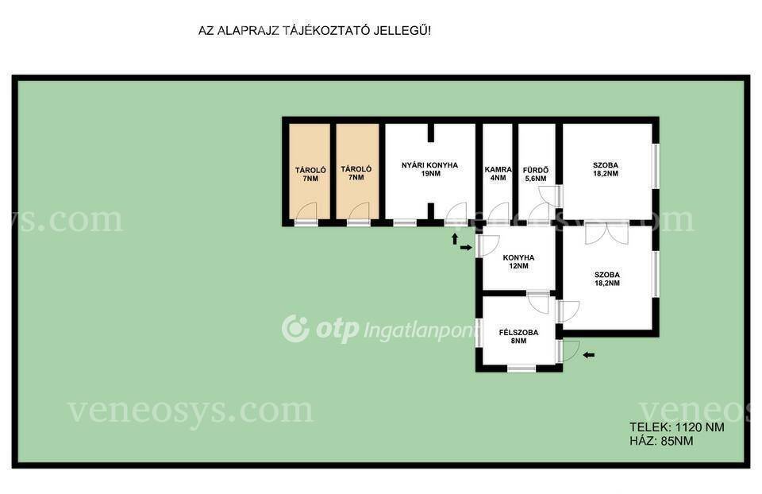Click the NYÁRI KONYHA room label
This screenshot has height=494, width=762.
[x=429, y=165]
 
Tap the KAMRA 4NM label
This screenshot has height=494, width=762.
[x=498, y=174]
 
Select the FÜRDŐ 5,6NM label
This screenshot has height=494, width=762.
[x=536, y=174]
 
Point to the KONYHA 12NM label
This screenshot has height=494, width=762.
[x=518, y=261]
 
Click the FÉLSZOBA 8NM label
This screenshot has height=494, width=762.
[x=518, y=337]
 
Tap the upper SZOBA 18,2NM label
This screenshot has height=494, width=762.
[x=606, y=169]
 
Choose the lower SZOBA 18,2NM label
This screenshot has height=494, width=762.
[x=607, y=279]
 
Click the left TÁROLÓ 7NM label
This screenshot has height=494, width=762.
[x=310, y=174]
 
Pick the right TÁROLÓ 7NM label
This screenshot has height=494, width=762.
[x=356, y=173]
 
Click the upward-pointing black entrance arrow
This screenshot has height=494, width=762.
[x=455, y=238]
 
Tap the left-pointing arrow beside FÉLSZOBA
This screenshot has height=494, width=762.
[x=588, y=355]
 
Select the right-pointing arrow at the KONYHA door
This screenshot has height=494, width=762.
[x=466, y=248]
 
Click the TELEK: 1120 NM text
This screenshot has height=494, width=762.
[x=677, y=427]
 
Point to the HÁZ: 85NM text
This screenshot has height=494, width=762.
[x=661, y=441]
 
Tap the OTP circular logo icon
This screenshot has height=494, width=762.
[x=295, y=329]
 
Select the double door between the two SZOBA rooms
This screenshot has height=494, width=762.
[x=606, y=233]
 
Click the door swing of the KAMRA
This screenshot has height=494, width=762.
[x=498, y=214]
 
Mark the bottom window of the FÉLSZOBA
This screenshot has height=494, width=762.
[x=521, y=369]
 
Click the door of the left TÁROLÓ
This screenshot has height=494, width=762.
[x=306, y=214]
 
